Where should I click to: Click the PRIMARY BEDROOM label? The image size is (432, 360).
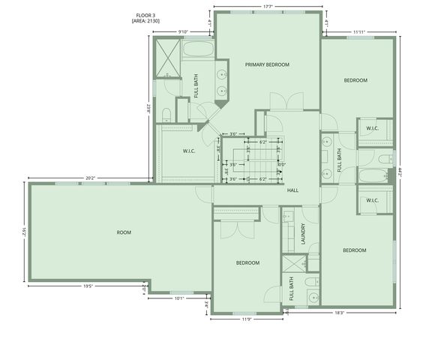[x=267, y=65]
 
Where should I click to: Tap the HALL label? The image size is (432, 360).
[x=292, y=190]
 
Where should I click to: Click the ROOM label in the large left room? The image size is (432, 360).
[x=124, y=232]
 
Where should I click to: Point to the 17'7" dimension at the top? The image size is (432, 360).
[x=268, y=7]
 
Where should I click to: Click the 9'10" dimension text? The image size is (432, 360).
[x=182, y=31]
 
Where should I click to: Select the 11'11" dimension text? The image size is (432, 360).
[x=358, y=31]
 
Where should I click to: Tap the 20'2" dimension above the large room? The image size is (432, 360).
[x=89, y=178]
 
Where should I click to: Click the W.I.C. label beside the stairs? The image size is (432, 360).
[x=189, y=151]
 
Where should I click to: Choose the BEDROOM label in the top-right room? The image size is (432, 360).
[x=355, y=80]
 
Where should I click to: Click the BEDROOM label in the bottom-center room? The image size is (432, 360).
[x=247, y=262]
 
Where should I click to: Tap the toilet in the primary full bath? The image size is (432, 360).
[x=167, y=113]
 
